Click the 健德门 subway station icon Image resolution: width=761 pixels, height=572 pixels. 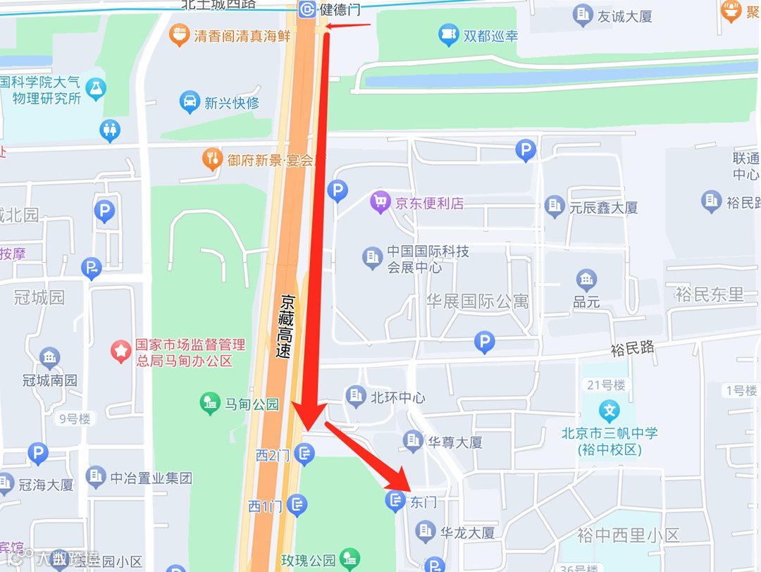[307, 9]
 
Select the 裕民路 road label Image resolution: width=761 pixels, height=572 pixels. [632, 348]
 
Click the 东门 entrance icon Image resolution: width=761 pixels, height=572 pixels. [395, 502]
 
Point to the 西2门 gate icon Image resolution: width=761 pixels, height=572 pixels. [305, 454]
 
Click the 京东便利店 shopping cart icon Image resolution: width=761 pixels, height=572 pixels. [380, 204]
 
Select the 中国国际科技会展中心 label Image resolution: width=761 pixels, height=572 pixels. [428, 259]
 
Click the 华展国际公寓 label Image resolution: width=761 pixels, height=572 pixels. [477, 301]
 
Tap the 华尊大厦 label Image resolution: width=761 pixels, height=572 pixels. [455, 442]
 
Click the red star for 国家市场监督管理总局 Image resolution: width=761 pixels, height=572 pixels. [122, 350]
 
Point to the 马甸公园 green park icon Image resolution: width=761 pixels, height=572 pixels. [209, 404]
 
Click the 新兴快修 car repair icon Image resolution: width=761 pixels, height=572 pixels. [190, 103]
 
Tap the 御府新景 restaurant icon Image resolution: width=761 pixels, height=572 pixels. [212, 160]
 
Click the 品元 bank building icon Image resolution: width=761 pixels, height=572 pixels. [586, 280]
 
